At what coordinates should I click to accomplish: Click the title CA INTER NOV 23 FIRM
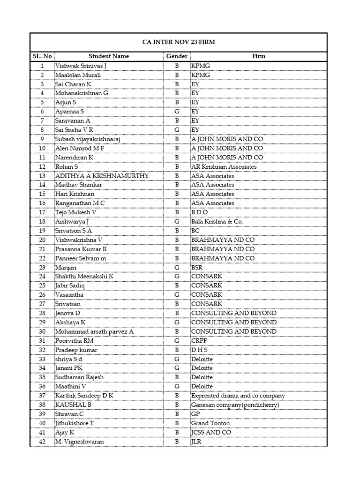click(x=179, y=42)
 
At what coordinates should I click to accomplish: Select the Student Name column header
click(x=108, y=56)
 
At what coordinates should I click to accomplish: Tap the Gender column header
click(x=177, y=56)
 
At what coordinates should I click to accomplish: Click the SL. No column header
click(x=42, y=56)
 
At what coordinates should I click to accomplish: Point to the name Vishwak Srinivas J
click(x=81, y=66)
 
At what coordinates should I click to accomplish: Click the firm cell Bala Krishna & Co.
click(x=217, y=222)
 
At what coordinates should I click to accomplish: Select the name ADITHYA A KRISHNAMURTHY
click(x=102, y=176)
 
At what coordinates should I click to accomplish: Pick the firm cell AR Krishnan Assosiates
click(x=224, y=167)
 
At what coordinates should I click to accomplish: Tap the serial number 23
click(x=42, y=268)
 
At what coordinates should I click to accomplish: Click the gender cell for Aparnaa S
click(x=177, y=112)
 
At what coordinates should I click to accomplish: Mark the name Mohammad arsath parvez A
click(x=94, y=332)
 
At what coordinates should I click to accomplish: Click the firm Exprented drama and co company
click(x=238, y=396)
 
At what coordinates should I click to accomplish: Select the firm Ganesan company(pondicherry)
click(x=235, y=405)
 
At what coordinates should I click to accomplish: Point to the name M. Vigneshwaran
click(x=79, y=442)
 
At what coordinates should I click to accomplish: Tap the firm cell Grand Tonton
click(x=210, y=423)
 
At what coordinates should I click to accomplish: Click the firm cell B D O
click(x=199, y=212)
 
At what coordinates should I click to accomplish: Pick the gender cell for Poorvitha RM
click(x=177, y=341)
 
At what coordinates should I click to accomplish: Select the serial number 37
click(x=42, y=396)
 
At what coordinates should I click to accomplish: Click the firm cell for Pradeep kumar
click(x=199, y=350)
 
